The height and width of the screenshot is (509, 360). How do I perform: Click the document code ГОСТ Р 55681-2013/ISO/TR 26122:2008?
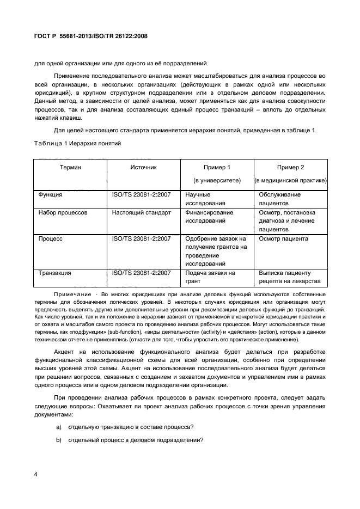[91, 36]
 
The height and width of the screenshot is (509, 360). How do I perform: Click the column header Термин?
[71, 167]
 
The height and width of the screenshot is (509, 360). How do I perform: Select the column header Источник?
[143, 167]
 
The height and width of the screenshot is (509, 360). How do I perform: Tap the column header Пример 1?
[217, 167]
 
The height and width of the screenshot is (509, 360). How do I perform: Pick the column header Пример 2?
[290, 167]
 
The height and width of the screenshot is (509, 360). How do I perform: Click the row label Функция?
[50, 194]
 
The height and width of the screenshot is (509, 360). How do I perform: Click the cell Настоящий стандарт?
[142, 212]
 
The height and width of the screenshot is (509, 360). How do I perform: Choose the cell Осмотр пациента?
[283, 238]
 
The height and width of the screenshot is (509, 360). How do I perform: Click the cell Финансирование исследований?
[209, 217]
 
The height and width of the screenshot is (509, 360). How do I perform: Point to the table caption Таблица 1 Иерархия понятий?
[77, 143]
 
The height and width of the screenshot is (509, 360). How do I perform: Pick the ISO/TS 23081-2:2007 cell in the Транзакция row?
[142, 273]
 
